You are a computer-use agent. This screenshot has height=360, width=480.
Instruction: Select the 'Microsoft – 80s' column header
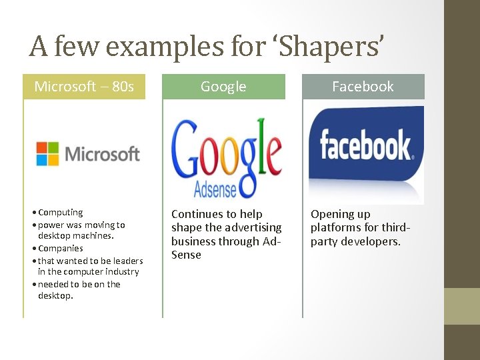click(84, 87)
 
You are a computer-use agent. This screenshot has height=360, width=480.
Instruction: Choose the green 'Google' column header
click(223, 87)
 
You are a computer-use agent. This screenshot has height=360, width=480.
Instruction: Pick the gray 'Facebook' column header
click(363, 87)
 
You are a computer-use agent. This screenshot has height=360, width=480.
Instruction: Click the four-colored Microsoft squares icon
click(47, 153)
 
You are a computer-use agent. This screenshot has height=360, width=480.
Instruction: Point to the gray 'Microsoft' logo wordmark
click(102, 154)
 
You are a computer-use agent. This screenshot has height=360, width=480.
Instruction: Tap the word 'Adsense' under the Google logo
click(215, 189)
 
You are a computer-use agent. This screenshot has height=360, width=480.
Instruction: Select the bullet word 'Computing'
click(61, 213)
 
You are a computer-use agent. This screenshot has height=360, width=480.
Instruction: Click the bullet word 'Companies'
click(61, 249)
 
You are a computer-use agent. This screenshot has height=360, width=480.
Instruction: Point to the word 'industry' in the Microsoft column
click(121, 272)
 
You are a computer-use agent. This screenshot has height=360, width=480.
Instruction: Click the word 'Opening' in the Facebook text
click(331, 214)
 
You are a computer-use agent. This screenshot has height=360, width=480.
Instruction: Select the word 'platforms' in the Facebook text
click(335, 228)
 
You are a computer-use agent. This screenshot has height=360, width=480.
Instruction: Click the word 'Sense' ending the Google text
click(186, 255)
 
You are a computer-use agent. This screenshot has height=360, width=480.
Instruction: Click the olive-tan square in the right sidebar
click(461, 305)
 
